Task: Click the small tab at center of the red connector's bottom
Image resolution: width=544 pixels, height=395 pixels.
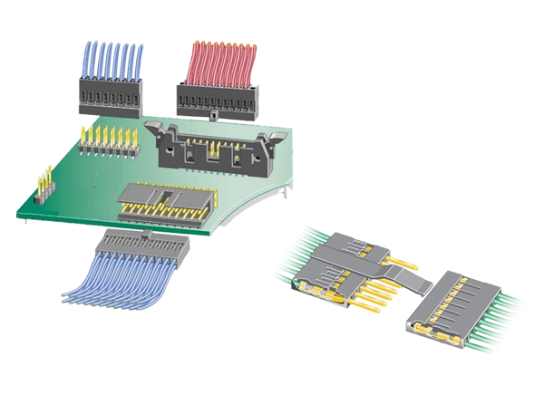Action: pyautogui.click(x=211, y=116)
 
